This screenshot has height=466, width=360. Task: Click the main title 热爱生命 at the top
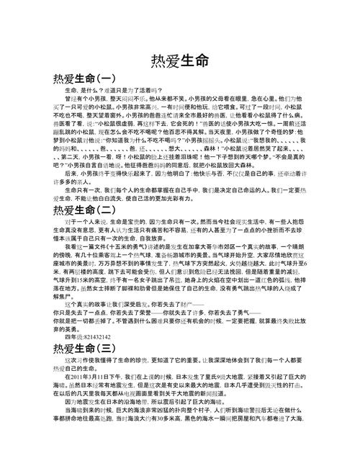180,60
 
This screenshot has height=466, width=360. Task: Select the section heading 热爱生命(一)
84,78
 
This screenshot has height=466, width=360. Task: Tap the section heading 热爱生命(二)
84,210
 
